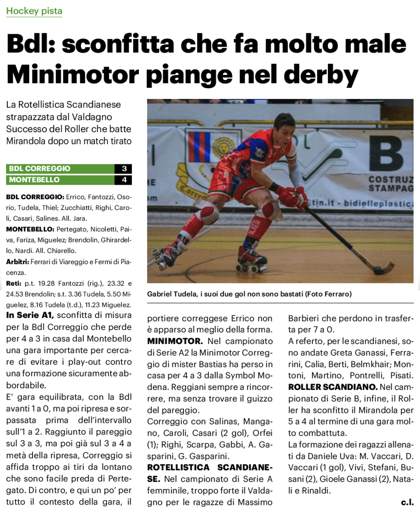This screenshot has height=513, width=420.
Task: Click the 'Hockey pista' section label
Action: point(34,11)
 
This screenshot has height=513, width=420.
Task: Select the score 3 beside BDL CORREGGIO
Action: point(124,169)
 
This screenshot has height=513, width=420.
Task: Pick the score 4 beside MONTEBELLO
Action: point(124,180)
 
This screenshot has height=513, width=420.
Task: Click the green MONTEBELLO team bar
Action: point(60,180)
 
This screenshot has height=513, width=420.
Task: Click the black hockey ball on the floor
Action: point(378,270)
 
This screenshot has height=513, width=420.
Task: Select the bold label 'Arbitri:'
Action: point(17,262)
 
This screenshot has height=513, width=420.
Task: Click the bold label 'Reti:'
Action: point(14,283)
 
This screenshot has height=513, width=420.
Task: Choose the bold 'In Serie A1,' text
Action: point(30,315)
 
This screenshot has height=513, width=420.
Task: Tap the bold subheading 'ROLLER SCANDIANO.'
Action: point(333,387)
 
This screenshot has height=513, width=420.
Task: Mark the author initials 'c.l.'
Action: point(407,502)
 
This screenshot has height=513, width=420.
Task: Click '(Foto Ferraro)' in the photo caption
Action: point(328,294)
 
